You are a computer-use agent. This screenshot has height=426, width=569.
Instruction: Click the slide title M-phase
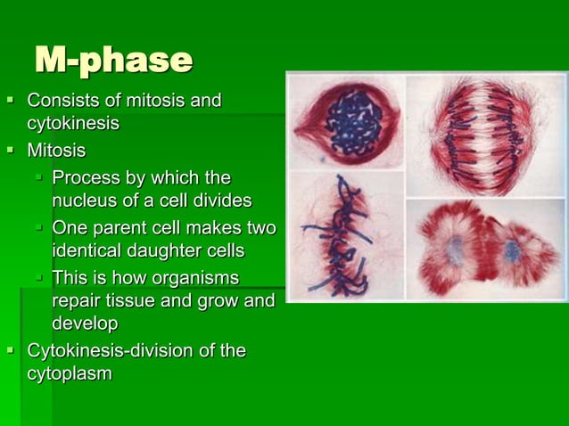click(x=113, y=60)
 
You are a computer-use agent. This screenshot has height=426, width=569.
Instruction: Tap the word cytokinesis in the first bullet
click(x=73, y=123)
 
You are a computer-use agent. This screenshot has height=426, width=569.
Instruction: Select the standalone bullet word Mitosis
click(x=56, y=150)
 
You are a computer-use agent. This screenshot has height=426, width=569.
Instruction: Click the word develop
click(x=85, y=324)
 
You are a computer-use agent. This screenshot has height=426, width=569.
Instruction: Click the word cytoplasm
click(x=70, y=374)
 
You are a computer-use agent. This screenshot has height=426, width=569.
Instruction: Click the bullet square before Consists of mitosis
click(x=11, y=100)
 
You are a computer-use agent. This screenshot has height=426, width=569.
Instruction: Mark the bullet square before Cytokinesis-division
click(x=11, y=350)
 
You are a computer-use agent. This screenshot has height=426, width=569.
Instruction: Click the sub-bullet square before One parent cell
click(x=39, y=227)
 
